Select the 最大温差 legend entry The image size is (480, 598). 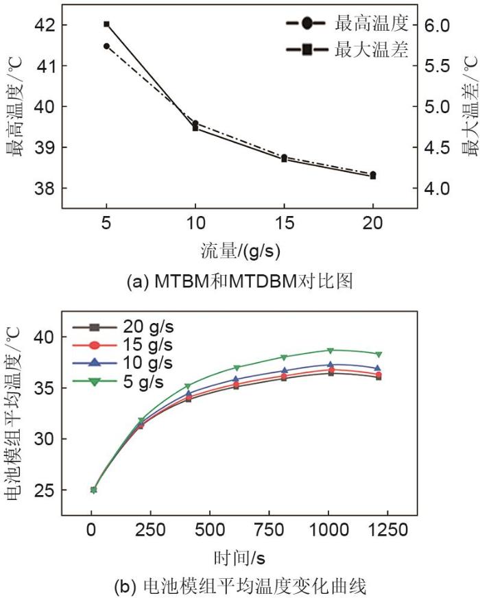tap(371, 49)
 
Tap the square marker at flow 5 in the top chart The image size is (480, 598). tap(107, 24)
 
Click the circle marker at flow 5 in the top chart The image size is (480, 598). tap(107, 46)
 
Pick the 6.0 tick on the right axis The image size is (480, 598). tap(438, 25)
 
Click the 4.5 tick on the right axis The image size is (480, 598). tap(438, 147)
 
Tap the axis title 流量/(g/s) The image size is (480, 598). tap(239, 250)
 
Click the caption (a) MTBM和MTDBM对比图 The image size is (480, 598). tap(239, 281)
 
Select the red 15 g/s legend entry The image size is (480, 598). tap(147, 344)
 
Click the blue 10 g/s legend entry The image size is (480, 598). tap(147, 362)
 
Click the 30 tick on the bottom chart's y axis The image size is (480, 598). tap(43, 439)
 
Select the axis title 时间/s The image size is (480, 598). tap(239, 555)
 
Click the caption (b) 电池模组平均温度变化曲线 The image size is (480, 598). tap(239, 586)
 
